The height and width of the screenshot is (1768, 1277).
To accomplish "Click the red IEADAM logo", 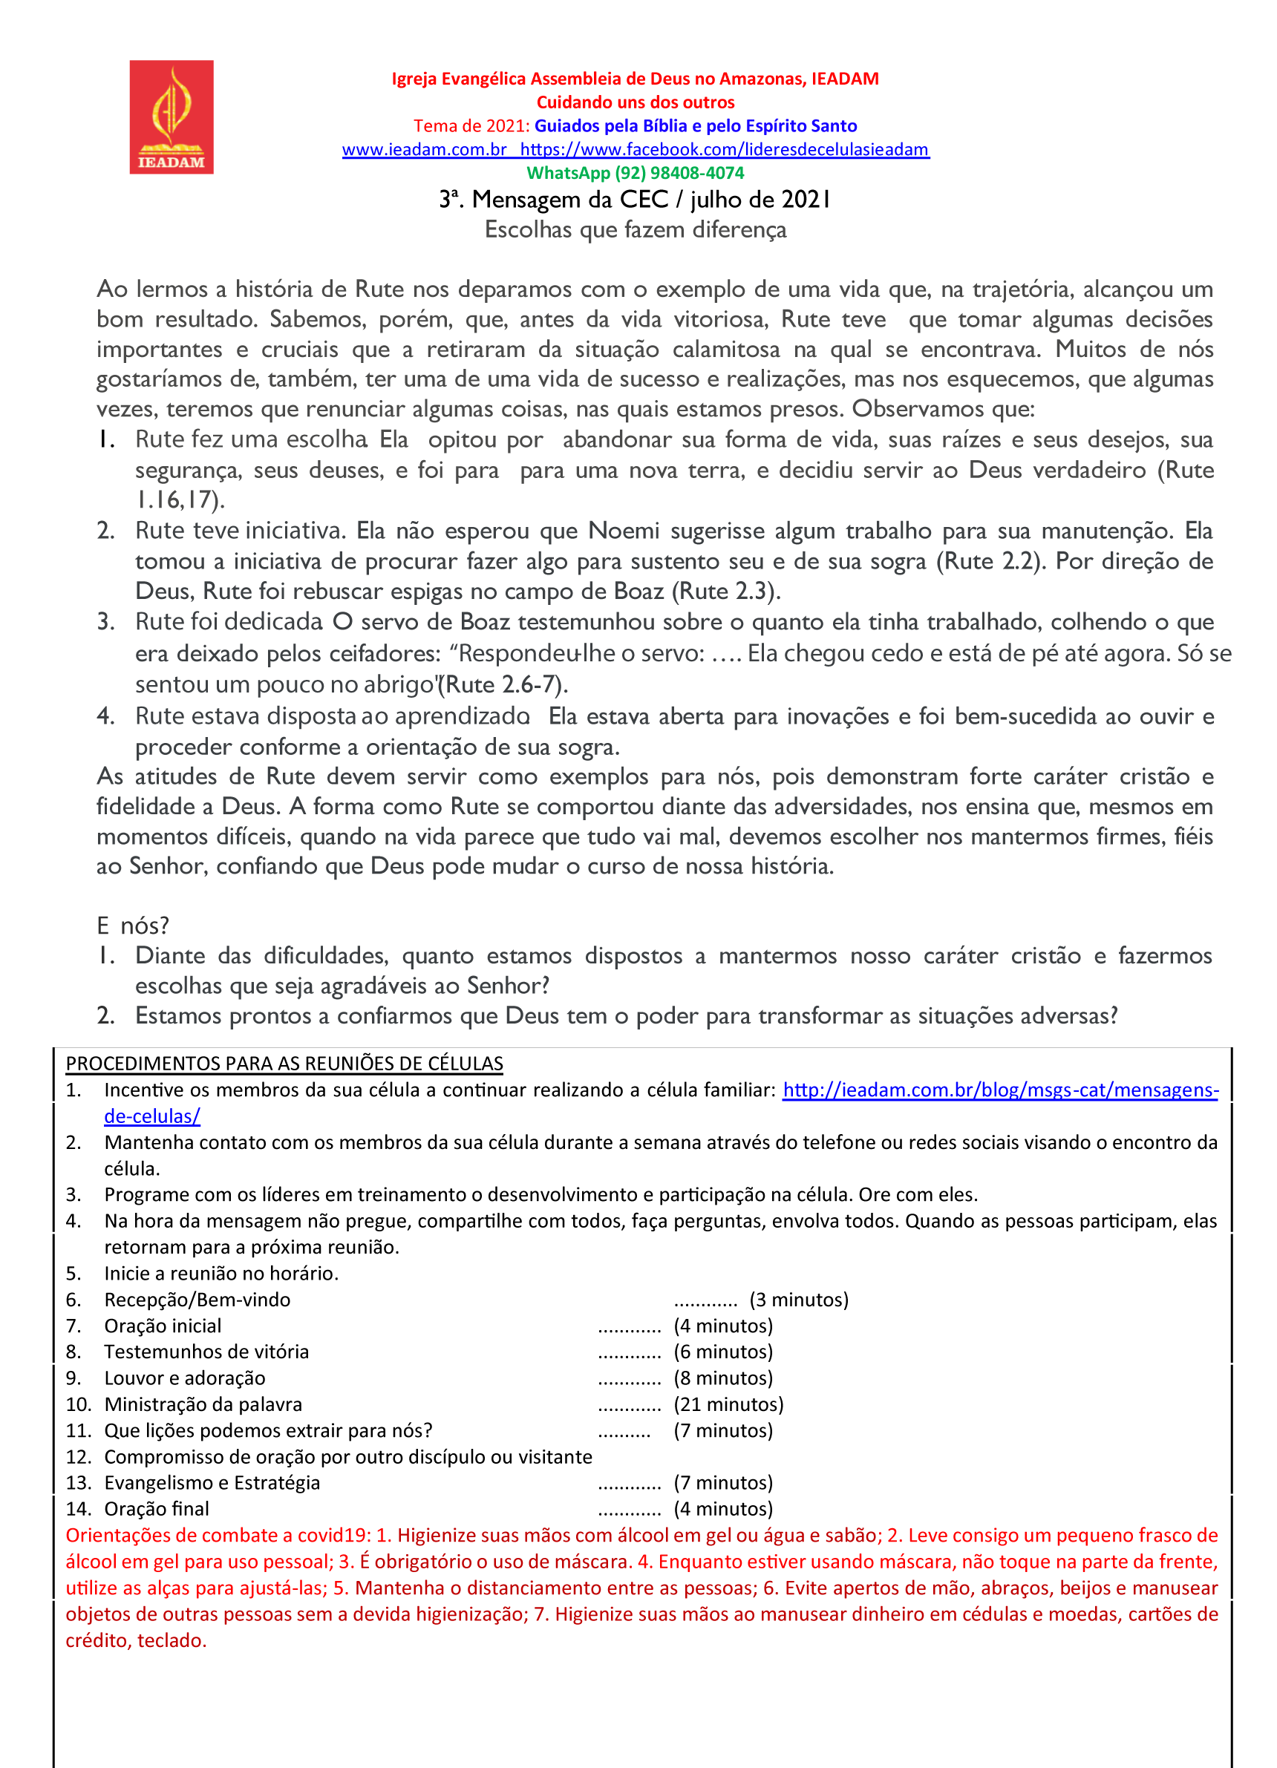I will tap(171, 117).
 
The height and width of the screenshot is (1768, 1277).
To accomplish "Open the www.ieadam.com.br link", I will tap(424, 150).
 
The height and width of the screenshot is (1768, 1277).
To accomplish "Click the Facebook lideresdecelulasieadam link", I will tap(725, 150).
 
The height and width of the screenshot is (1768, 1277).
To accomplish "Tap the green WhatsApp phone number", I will tap(635, 173).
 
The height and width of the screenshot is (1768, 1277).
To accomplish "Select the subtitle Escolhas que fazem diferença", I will tap(635, 230).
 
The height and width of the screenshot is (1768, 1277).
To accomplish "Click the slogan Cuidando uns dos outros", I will tap(635, 102).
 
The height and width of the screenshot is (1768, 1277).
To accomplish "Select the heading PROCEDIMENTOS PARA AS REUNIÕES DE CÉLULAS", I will tap(284, 1064).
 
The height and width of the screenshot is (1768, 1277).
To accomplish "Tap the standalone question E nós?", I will tap(133, 926).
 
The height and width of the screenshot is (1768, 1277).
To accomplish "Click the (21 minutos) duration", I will tap(728, 1405).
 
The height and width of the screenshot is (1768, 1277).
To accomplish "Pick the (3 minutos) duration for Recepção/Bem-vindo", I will tap(798, 1300).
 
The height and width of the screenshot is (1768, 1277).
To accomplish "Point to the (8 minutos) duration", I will tap(722, 1378).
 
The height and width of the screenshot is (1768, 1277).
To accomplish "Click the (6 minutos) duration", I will tap(722, 1352).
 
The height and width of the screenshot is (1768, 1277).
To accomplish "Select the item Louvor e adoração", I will tap(185, 1378).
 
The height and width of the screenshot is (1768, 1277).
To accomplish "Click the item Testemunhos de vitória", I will tap(206, 1352).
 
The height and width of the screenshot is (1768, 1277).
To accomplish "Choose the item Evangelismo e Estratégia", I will tap(212, 1483).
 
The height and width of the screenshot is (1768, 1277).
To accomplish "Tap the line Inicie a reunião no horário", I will tap(221, 1274).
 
